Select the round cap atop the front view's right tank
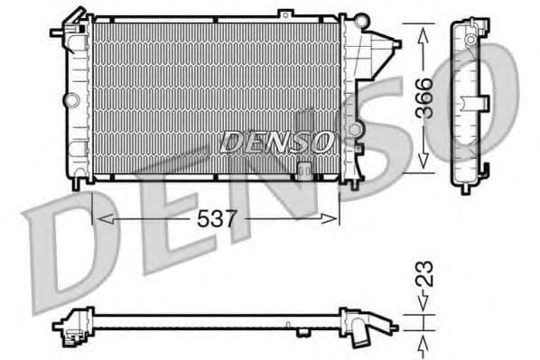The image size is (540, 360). pyautogui.click(x=361, y=20)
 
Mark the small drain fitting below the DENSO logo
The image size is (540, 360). pyautogui.click(x=305, y=168)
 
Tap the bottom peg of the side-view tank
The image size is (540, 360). pyautogui.click(x=465, y=188)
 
